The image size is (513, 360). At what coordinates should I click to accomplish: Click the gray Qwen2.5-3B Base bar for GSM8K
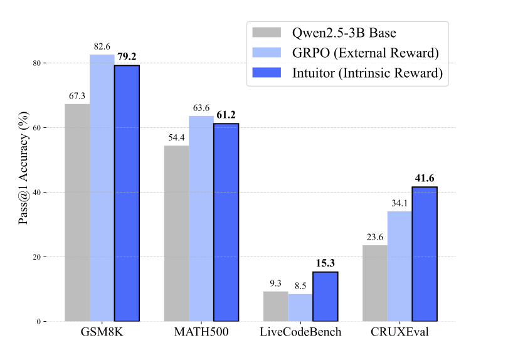pyautogui.click(x=77, y=213)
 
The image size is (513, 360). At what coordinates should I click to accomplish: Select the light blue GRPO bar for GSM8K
pyautogui.click(x=102, y=188)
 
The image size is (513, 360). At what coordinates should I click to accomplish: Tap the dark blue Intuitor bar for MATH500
pyautogui.click(x=226, y=223)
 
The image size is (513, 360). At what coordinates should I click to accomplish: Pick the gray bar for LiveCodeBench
pyautogui.click(x=275, y=307)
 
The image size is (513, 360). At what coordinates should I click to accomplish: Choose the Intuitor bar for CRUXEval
pyautogui.click(x=425, y=254)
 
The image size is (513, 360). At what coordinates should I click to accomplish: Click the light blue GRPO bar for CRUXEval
pyautogui.click(x=399, y=267)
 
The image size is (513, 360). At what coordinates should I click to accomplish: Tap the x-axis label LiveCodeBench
pyautogui.click(x=300, y=332)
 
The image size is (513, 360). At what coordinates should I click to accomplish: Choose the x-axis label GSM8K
pyautogui.click(x=102, y=332)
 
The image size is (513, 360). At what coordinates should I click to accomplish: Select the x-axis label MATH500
pyautogui.click(x=201, y=332)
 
